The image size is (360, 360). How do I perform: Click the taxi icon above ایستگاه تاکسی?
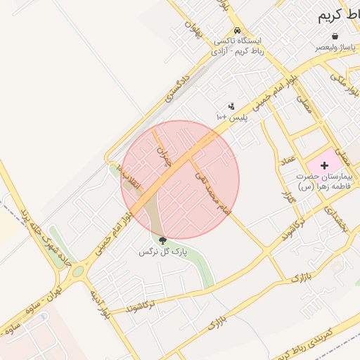(x=238, y=31)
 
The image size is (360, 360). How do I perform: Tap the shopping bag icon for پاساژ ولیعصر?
(x=335, y=36)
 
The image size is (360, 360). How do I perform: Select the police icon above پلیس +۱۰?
(x=231, y=105)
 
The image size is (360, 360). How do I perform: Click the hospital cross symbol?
(x=324, y=164)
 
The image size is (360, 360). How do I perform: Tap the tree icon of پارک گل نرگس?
(x=163, y=241)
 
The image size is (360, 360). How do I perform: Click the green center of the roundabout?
(x=77, y=270)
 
